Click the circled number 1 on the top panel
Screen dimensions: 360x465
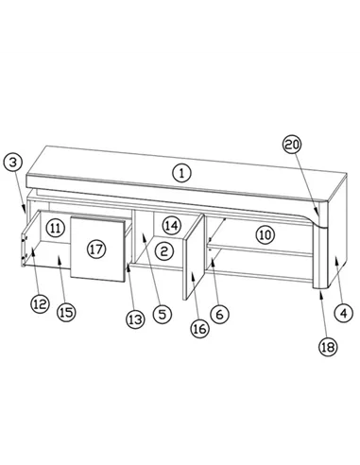click(x=181, y=173)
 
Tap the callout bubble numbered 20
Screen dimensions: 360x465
click(x=292, y=145)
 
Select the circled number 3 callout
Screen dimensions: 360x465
click(x=12, y=163)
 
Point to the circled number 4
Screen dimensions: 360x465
click(x=344, y=313)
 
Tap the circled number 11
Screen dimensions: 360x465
click(x=56, y=228)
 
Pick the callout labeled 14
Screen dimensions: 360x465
click(x=172, y=226)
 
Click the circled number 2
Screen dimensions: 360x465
click(x=164, y=251)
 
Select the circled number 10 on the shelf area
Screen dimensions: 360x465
click(x=266, y=234)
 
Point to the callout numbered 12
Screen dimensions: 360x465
click(x=40, y=304)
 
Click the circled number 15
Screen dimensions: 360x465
click(x=66, y=312)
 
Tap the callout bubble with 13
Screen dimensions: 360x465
click(x=135, y=319)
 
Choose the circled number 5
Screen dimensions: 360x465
click(x=163, y=314)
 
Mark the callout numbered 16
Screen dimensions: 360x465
click(x=199, y=329)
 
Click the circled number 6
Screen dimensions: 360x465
click(x=219, y=314)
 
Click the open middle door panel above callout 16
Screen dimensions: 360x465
click(x=194, y=257)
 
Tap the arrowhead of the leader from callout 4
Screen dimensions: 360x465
click(x=336, y=258)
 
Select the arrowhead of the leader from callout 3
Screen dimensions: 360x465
click(x=24, y=208)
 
